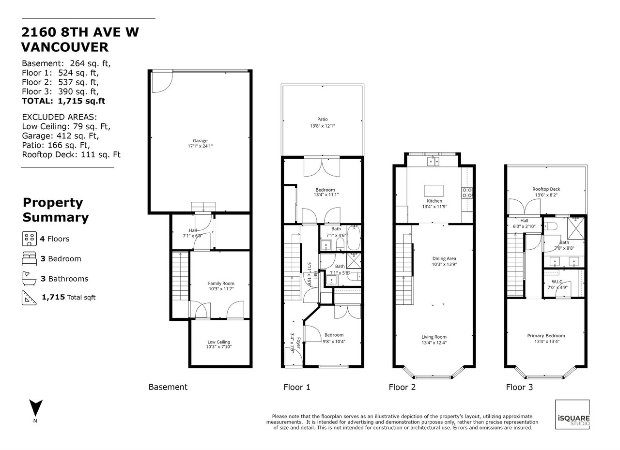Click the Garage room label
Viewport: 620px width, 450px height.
click(200, 141)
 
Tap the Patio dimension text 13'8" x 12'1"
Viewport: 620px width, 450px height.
click(323, 126)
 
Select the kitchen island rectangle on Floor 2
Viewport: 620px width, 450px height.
click(434, 191)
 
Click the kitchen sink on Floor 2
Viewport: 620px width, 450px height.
click(433, 161)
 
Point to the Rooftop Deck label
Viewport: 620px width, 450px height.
click(546, 189)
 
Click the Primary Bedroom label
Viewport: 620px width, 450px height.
click(546, 336)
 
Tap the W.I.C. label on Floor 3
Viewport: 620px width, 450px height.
click(557, 282)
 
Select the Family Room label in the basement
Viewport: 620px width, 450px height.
click(221, 284)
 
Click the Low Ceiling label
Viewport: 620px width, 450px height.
click(218, 342)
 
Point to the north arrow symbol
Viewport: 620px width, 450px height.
click(36, 408)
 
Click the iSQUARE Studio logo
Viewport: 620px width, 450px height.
click(573, 414)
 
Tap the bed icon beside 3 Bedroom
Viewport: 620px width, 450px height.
click(30, 258)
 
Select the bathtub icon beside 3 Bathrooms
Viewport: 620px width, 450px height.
click(29, 278)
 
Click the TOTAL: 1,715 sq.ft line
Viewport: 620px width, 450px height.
click(63, 101)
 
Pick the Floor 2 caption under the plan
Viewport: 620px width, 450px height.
click(402, 387)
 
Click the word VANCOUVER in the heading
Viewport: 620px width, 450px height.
click(65, 47)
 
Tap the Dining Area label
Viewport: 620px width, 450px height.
click(444, 259)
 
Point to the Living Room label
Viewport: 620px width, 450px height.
click(434, 337)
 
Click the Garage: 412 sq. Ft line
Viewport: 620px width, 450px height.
click(61, 135)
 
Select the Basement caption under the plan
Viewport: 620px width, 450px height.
click(168, 387)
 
